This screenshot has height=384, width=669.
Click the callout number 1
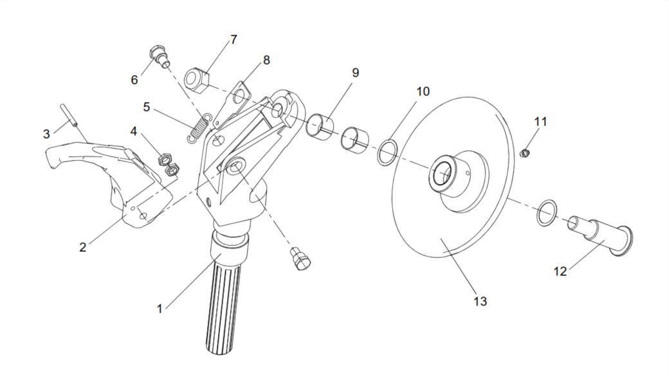(x=160, y=309)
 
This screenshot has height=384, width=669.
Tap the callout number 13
(x=480, y=301)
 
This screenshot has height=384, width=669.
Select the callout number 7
(x=234, y=40)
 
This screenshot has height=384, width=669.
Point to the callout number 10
(x=423, y=91)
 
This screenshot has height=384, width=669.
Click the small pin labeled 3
(x=69, y=115)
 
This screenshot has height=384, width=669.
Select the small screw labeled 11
(x=526, y=152)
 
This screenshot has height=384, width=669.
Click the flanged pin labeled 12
(x=600, y=236)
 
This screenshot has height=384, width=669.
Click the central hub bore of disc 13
(x=442, y=173)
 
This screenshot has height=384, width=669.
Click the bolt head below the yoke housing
(x=300, y=259)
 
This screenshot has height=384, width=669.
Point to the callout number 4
(x=134, y=131)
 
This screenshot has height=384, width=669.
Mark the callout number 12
(x=560, y=271)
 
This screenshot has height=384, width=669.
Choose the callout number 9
(x=355, y=73)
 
